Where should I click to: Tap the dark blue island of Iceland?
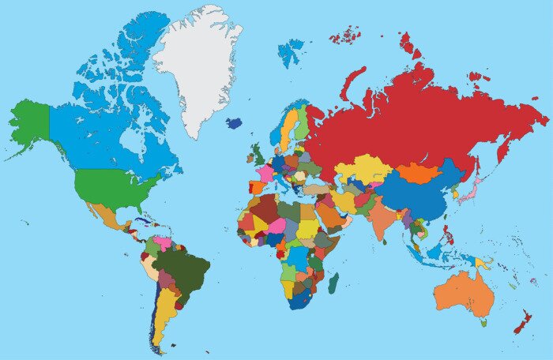coord(234,123)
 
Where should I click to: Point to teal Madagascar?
coord(333,282)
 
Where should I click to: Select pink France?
coord(265,173)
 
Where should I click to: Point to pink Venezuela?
coord(164,238)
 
